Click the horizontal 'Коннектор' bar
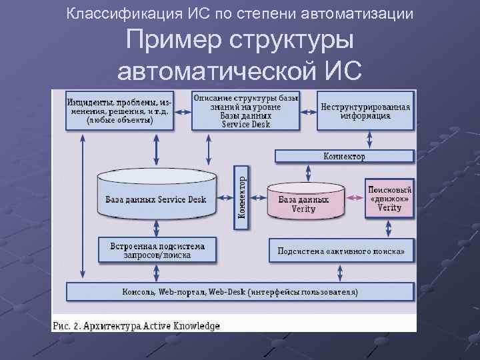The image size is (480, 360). (344, 157)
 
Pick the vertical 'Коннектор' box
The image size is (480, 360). (241, 197)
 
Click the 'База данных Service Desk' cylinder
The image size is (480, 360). (156, 198)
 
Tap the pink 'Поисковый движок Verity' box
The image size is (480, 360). (389, 195)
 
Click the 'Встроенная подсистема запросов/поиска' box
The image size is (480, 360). (157, 249)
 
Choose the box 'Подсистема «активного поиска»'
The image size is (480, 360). (341, 251)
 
